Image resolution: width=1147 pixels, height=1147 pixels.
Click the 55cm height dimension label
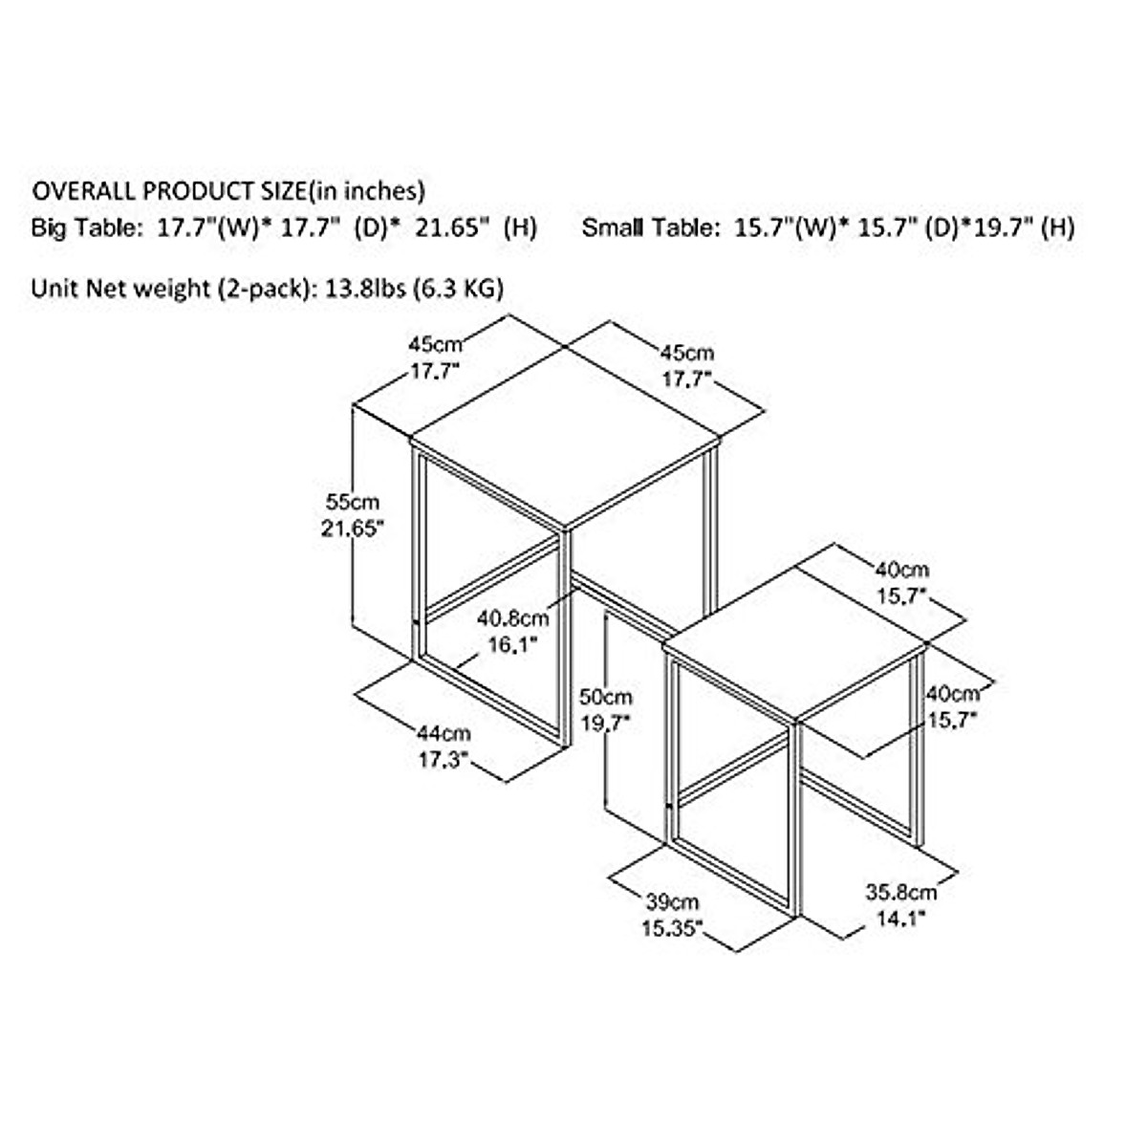[353, 502]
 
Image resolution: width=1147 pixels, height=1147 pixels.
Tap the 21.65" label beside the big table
[353, 529]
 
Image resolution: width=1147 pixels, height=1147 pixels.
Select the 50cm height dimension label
[606, 697]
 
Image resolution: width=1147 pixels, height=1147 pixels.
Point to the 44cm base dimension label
[444, 734]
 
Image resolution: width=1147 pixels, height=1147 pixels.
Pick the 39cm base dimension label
[672, 901]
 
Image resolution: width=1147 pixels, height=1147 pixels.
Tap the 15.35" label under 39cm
[672, 928]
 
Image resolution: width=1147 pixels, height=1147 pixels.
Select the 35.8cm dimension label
[901, 894]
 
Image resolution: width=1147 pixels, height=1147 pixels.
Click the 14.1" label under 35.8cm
[899, 920]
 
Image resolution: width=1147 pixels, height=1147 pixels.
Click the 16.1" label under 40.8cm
[512, 645]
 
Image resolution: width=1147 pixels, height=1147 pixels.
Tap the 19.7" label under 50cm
[605, 724]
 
